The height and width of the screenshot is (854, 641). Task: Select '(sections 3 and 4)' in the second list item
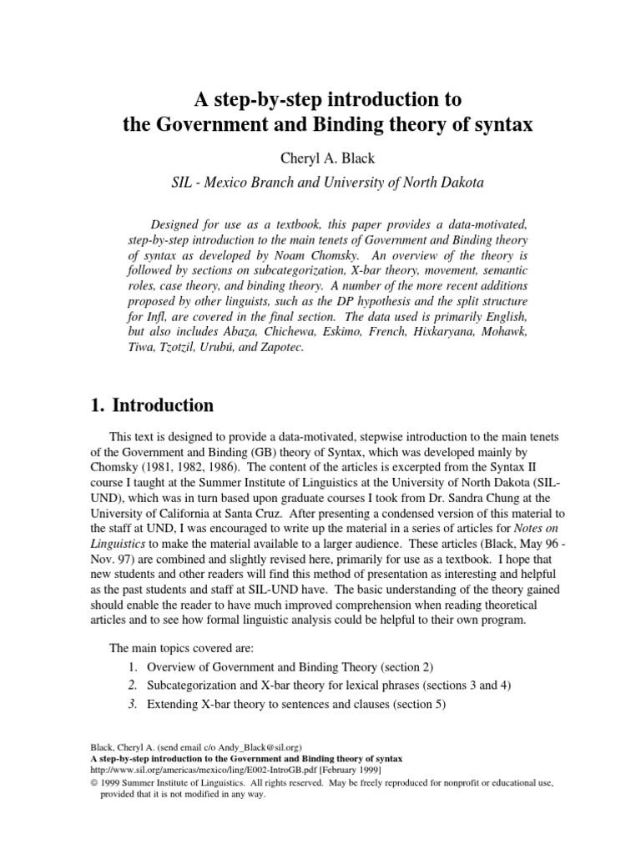click(x=452, y=686)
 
